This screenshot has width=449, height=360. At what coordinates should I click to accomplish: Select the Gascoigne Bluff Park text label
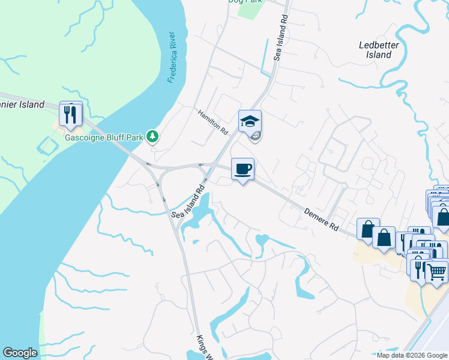pos(104,137)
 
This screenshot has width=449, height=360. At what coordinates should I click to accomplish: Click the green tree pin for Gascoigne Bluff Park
pos(153,137)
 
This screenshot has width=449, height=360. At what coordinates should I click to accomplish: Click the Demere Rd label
pos(322,220)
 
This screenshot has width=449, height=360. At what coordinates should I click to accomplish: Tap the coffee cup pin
pos(243,169)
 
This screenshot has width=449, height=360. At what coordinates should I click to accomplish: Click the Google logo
pos(20,353)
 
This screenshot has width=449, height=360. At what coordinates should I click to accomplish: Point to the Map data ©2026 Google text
pos(412,355)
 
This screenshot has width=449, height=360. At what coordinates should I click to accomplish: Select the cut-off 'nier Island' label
pos(22,104)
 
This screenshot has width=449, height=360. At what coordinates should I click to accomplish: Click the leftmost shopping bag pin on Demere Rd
pos(367,229)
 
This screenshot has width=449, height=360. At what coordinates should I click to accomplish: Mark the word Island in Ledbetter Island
pos(379,55)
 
